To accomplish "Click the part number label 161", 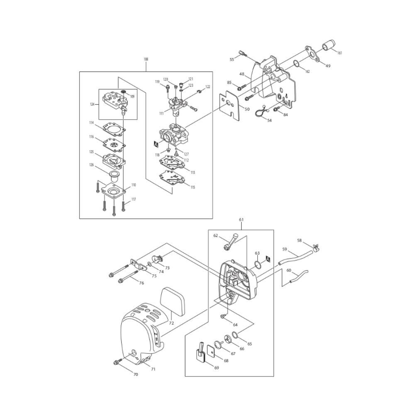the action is [339, 53].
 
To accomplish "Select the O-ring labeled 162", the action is [297, 64].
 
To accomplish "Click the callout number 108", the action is [146, 59].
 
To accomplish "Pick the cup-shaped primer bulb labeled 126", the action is [115, 176].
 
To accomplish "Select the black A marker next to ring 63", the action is [268, 259].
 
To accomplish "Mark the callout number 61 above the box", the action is [241, 220].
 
